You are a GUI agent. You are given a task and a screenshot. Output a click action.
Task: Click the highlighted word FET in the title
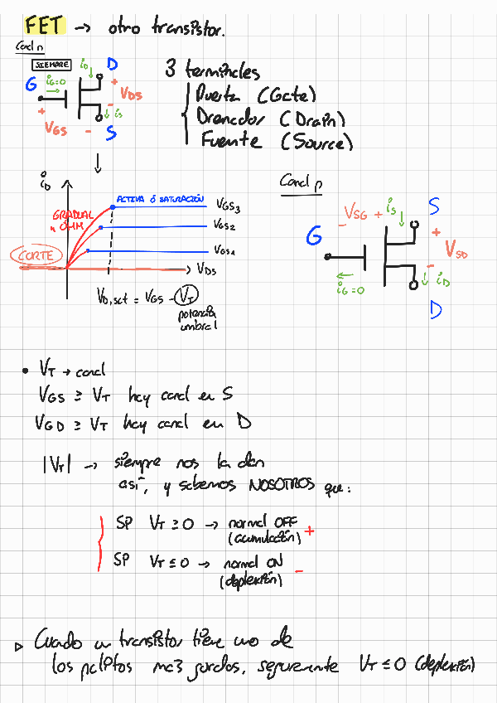44,26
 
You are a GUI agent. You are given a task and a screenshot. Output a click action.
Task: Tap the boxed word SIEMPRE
52,65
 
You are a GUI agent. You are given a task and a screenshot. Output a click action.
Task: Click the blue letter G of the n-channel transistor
31,85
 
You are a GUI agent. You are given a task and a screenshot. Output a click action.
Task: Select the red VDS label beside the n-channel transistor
131,94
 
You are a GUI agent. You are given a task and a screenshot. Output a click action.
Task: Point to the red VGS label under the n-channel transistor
56,129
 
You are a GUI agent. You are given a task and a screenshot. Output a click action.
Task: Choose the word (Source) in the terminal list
316,143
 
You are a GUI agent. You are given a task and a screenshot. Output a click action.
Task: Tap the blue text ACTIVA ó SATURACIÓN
160,200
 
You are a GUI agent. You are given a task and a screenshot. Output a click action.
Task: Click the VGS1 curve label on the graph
225,250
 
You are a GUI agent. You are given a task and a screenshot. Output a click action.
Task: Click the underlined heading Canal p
301,182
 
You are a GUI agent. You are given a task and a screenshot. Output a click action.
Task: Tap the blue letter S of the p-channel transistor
434,206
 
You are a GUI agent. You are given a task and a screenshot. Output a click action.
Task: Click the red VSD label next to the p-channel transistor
456,249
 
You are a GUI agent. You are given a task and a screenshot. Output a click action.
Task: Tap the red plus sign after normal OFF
310,530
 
